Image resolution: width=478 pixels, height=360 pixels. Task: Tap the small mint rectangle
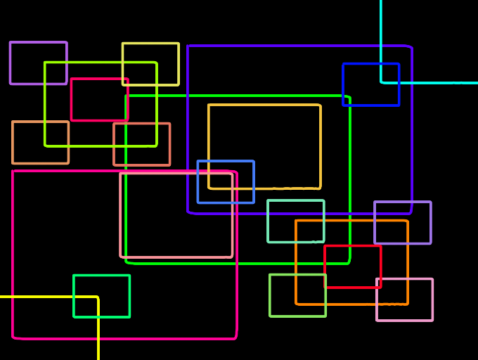(x=295, y=201)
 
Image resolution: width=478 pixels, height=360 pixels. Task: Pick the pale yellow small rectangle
(x=150, y=44)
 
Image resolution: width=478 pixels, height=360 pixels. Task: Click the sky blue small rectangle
(x=198, y=181)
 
